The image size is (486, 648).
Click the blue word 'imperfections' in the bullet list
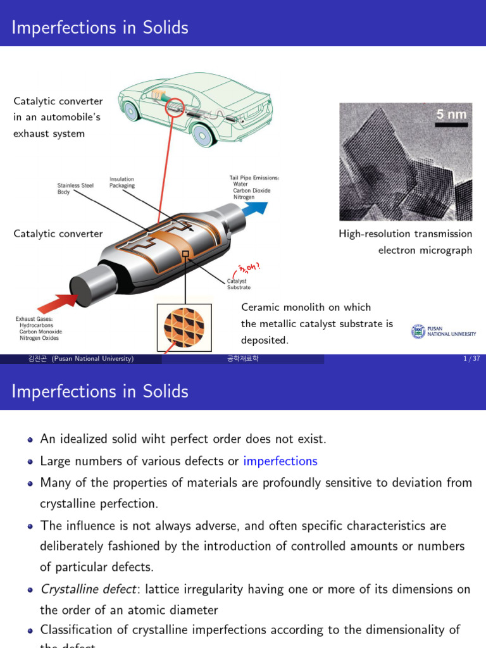pos(280,461)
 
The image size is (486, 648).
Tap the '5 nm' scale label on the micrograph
pos(451,115)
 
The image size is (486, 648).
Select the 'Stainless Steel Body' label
pos(75,189)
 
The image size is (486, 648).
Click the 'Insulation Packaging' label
pos(121,182)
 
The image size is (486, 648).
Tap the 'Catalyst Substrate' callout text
pos(239,284)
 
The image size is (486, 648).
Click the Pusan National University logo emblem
pos(418,332)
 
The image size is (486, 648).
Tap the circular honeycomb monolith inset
pos(184,325)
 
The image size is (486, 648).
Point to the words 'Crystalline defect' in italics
pos(89,589)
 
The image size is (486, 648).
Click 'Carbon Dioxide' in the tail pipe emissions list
pos(251,190)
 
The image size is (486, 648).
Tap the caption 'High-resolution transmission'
pos(405,234)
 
